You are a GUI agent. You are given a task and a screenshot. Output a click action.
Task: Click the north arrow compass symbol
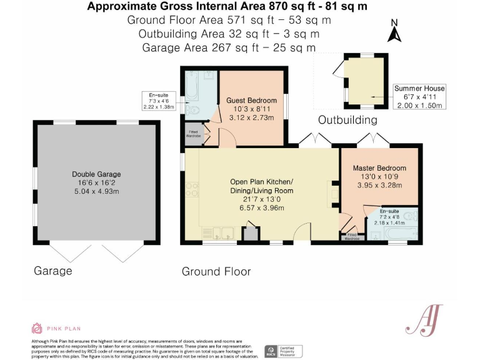(x=394, y=32)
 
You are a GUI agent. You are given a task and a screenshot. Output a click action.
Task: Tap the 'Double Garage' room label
(x=96, y=174)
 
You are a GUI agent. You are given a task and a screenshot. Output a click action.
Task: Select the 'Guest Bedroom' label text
(x=251, y=101)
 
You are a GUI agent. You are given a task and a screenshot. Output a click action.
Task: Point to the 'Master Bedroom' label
(x=379, y=168)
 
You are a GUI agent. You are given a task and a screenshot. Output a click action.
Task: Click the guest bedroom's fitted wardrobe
(x=194, y=135)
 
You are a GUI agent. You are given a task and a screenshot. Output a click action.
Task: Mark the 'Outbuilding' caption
(x=348, y=120)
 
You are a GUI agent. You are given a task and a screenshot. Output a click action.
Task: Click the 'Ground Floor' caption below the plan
(x=216, y=271)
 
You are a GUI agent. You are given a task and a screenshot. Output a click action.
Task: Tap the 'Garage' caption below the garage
(x=53, y=271)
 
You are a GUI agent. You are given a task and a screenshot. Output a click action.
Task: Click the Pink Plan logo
(x=56, y=328)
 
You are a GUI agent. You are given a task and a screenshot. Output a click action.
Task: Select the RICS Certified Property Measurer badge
(x=283, y=351)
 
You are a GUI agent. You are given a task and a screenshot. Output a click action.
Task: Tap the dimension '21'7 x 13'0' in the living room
(x=261, y=199)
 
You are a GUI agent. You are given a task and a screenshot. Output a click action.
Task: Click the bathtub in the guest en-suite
(x=192, y=87)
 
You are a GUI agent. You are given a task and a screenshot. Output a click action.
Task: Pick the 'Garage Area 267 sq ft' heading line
(x=228, y=47)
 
